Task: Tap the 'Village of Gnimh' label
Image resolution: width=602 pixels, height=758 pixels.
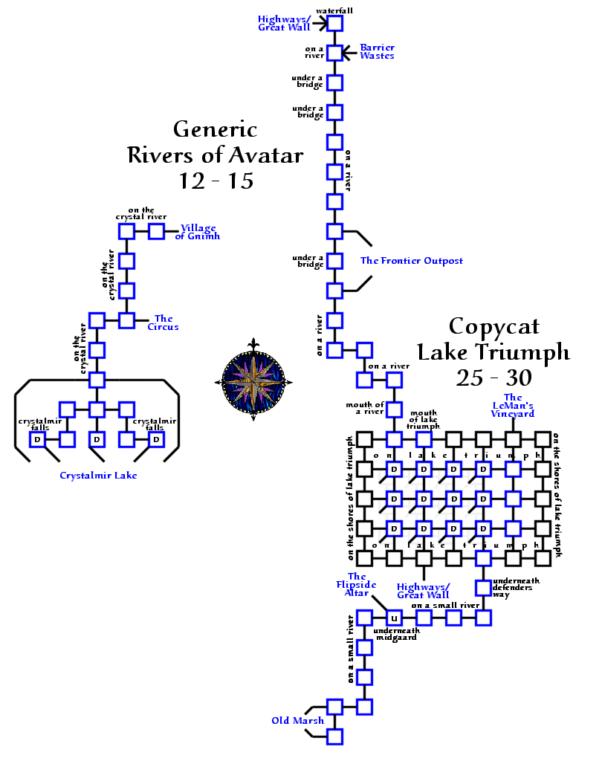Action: (200, 232)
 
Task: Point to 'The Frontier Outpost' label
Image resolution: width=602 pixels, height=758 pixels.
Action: (411, 261)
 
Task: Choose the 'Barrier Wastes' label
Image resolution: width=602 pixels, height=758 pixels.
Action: (377, 51)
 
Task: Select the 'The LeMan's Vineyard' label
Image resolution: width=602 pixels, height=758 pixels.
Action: (513, 406)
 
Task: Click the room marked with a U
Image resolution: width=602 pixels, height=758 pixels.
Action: (394, 618)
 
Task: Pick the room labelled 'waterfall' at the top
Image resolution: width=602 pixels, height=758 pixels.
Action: (334, 23)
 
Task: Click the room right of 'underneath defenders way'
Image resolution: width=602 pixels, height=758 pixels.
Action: (483, 588)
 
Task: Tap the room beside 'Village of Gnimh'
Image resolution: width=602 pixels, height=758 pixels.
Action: (156, 231)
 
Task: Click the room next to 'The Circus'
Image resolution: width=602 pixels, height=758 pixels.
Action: (126, 320)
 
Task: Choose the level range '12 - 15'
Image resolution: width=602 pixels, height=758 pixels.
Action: (216, 181)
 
